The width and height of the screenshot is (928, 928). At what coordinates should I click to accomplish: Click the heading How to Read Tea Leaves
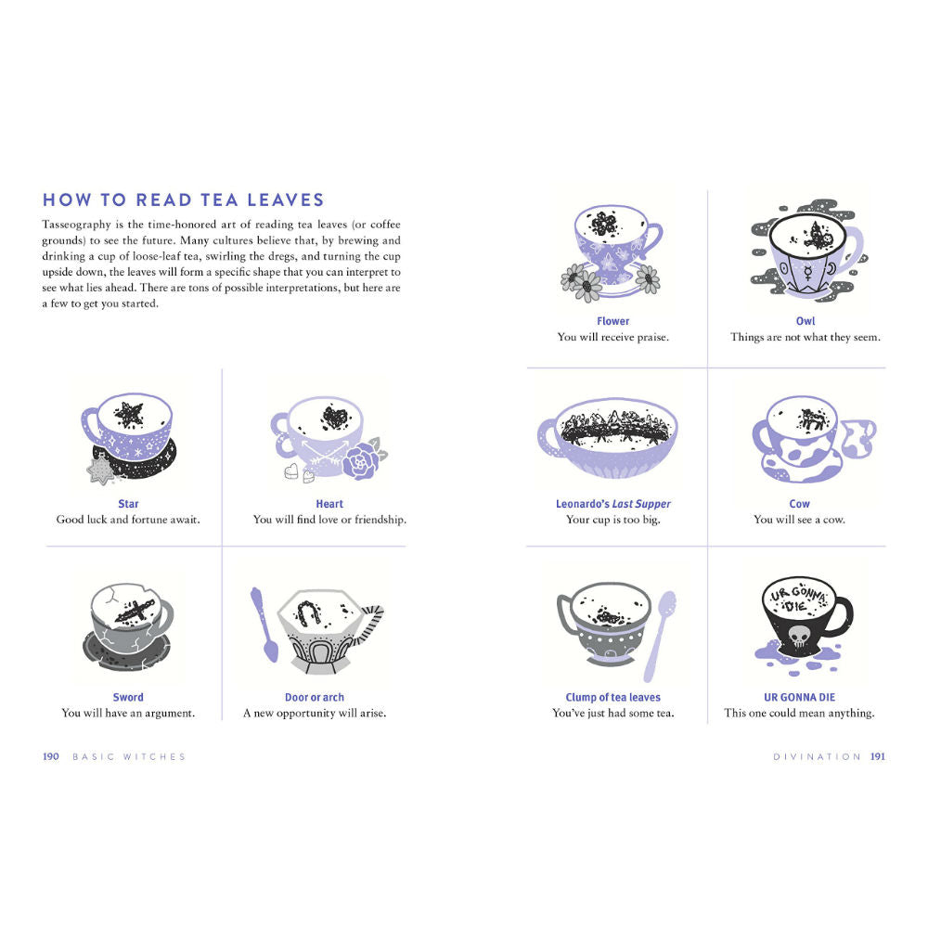click(x=184, y=200)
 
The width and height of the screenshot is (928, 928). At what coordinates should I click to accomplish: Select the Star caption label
click(x=128, y=504)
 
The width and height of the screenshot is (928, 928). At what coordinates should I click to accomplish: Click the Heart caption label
click(x=329, y=504)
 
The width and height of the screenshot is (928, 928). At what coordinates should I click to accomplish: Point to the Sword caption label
click(x=128, y=697)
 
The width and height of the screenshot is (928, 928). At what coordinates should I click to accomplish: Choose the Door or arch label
click(x=315, y=697)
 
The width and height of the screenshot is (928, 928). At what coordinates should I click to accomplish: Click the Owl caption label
click(x=805, y=321)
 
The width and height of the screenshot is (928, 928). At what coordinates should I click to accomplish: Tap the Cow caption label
click(x=799, y=504)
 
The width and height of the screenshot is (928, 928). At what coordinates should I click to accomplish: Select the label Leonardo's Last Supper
click(x=613, y=504)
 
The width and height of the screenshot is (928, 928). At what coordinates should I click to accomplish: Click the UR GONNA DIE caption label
click(x=799, y=697)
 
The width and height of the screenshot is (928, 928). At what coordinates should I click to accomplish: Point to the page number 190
click(x=51, y=756)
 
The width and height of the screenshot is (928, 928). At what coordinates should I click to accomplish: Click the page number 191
click(x=878, y=756)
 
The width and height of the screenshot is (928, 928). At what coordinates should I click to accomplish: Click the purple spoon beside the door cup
click(x=264, y=625)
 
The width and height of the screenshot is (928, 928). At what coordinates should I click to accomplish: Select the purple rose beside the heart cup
click(x=360, y=461)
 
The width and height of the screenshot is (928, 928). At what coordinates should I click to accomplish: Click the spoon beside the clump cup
click(x=659, y=637)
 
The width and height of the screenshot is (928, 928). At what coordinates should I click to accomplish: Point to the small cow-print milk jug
click(x=857, y=439)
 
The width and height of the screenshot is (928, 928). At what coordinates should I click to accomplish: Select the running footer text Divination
click(x=817, y=757)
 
